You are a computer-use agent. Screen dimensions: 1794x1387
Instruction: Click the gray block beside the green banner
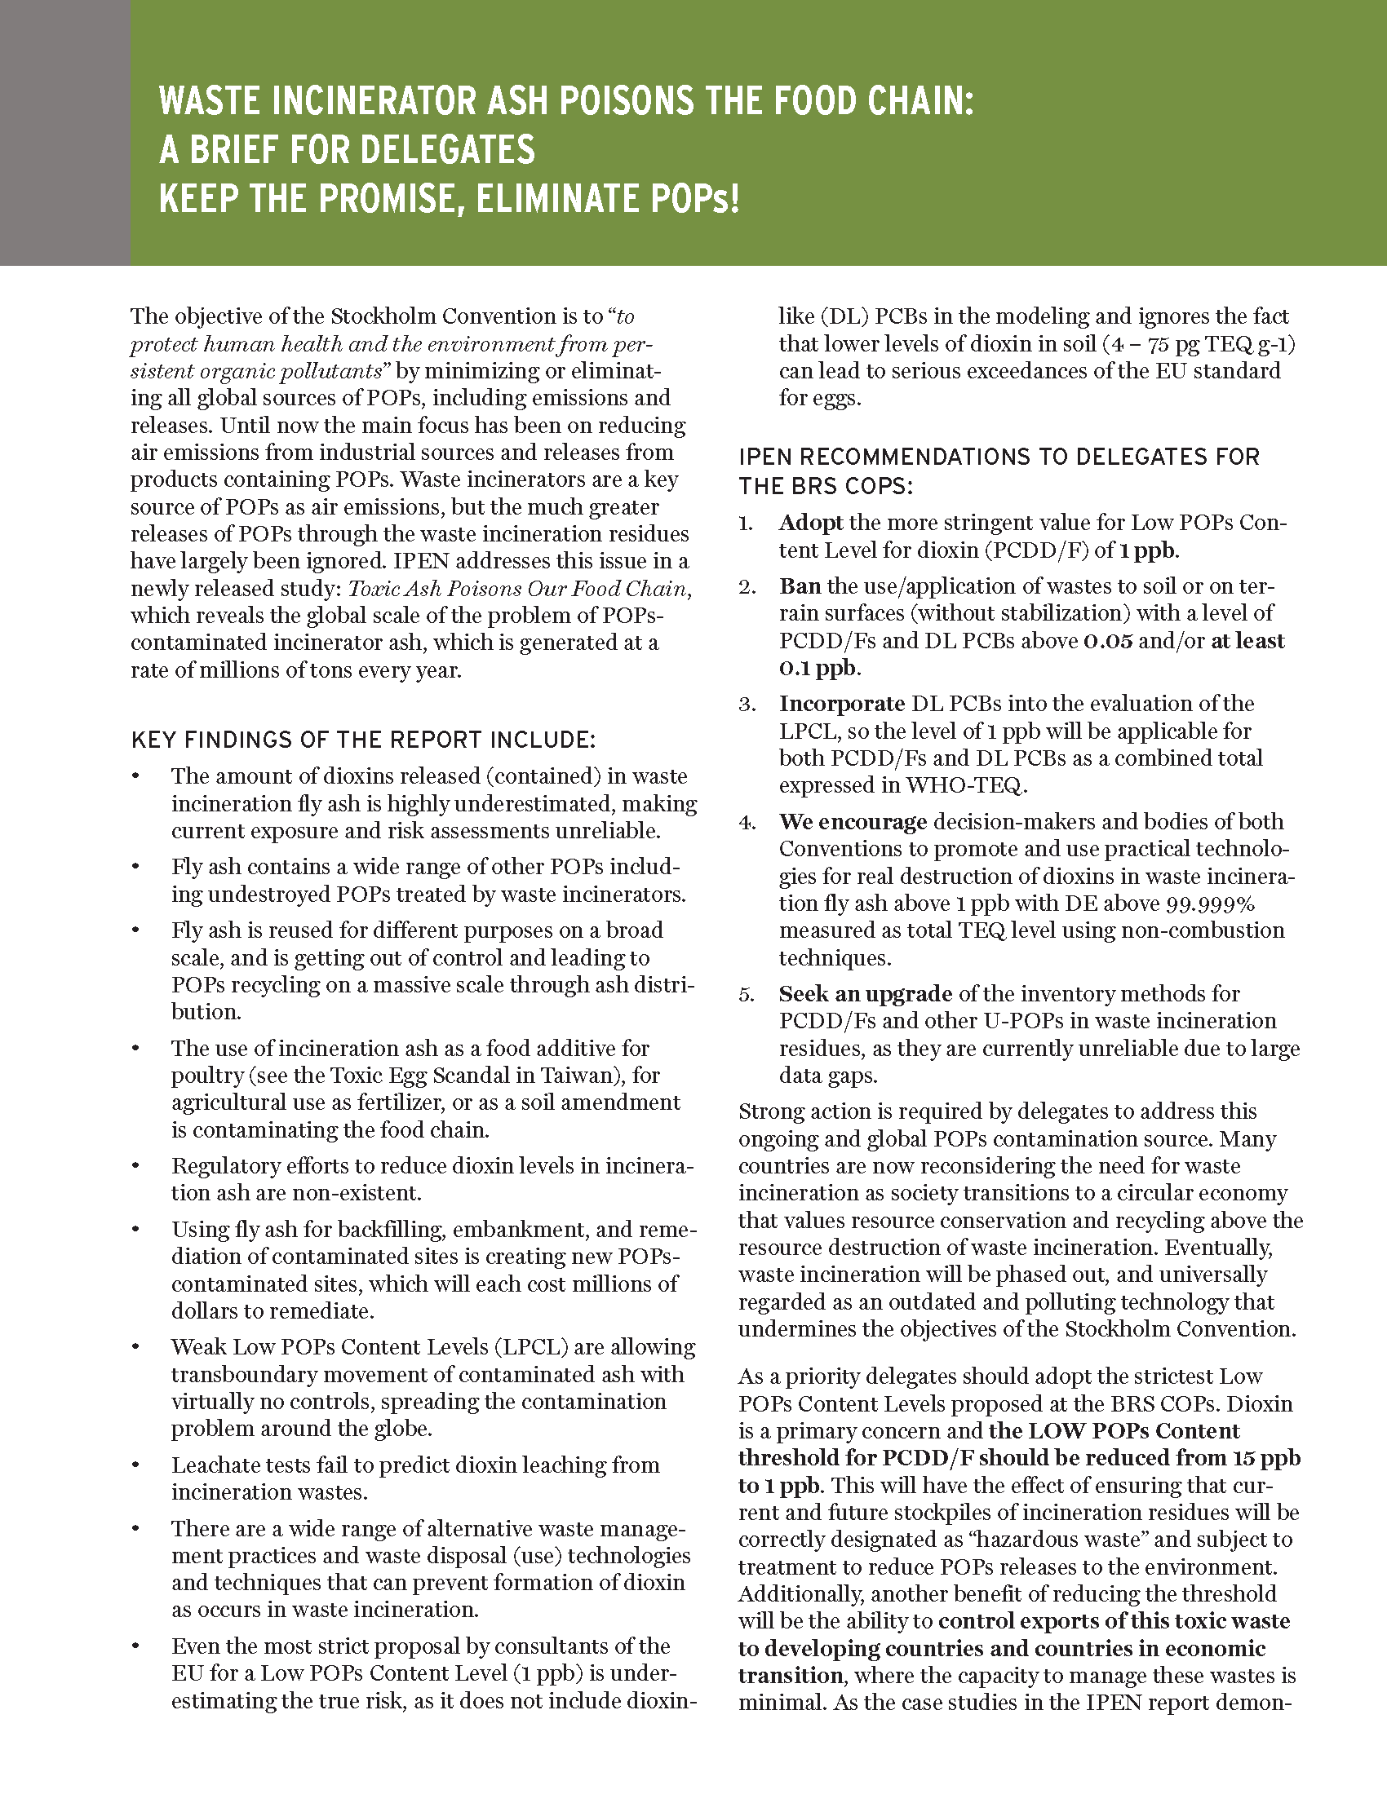[65, 132]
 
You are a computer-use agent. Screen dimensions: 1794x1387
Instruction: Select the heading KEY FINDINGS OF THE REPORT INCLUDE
[363, 740]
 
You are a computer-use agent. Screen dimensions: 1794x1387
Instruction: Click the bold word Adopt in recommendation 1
[810, 524]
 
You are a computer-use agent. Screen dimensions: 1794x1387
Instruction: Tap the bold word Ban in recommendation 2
[800, 586]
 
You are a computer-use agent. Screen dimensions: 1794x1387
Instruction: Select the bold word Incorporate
[841, 704]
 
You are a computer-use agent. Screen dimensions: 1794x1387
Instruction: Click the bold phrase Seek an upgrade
[864, 994]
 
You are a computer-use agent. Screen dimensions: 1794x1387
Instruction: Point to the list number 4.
[745, 822]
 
